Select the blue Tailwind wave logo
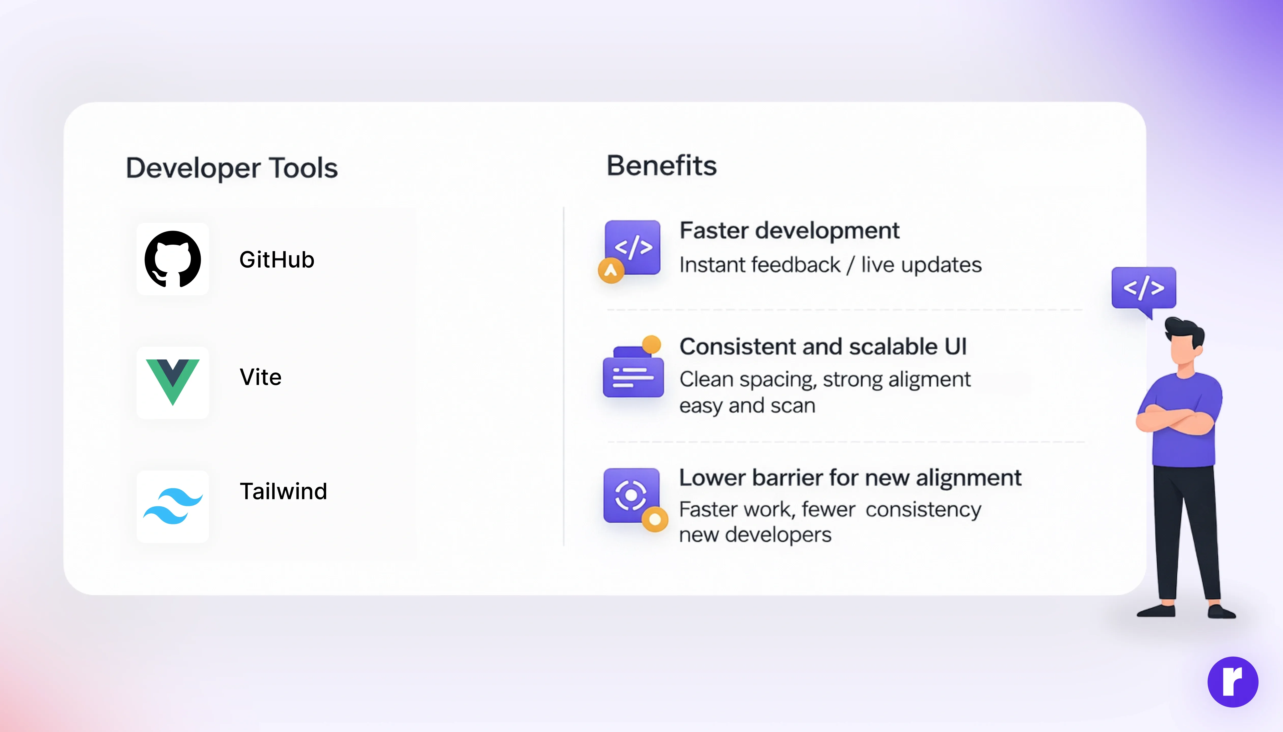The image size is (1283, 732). click(x=173, y=506)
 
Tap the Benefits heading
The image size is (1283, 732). click(x=661, y=165)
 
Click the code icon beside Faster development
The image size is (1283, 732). click(x=632, y=247)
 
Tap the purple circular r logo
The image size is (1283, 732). click(x=1233, y=682)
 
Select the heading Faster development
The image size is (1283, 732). click(x=790, y=231)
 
